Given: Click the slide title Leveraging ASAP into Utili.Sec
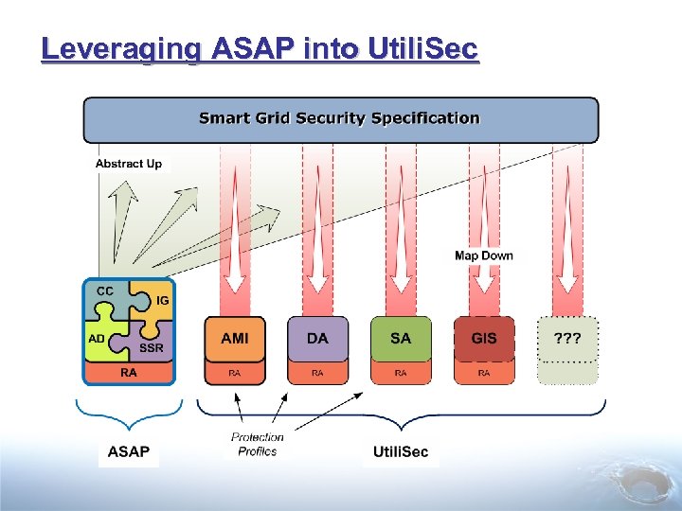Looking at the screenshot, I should (x=260, y=48).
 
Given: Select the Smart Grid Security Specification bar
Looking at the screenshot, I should (x=340, y=119).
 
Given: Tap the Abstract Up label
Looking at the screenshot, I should (x=129, y=164).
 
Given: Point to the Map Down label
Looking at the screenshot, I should (x=483, y=255).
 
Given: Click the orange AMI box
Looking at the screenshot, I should (x=235, y=338).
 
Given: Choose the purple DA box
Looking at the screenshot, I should (x=317, y=338).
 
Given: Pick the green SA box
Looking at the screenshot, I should (x=401, y=338).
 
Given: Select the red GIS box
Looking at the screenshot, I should (x=484, y=338).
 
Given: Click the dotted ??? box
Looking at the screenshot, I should (x=567, y=338).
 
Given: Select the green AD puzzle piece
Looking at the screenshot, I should (x=99, y=340).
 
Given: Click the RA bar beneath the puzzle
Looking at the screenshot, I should (x=129, y=373).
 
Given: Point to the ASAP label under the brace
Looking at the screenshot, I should (x=128, y=451).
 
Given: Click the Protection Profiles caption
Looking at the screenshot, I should (x=258, y=444).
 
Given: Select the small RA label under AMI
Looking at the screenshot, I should (x=235, y=373).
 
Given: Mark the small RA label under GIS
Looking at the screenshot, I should (x=484, y=373).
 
